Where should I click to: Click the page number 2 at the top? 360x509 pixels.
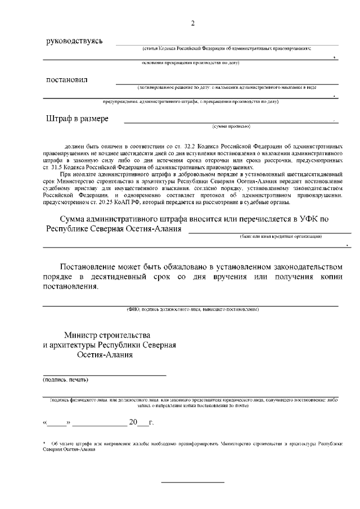(193, 23)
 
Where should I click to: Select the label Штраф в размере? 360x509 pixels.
(77, 119)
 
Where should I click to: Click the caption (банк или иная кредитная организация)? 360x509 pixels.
(280, 236)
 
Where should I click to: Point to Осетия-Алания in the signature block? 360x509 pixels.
(105, 355)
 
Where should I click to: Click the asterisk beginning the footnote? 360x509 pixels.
(44, 443)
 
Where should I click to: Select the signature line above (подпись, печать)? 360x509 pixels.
(105, 375)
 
